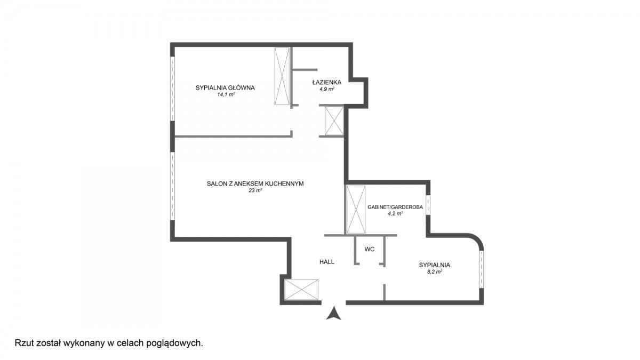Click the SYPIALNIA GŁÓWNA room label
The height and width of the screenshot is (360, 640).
pyautogui.click(x=225, y=87)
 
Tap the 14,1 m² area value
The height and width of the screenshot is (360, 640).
pyautogui.click(x=226, y=94)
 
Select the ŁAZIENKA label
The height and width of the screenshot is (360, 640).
pyautogui.click(x=327, y=82)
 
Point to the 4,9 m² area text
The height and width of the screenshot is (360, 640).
pyautogui.click(x=327, y=89)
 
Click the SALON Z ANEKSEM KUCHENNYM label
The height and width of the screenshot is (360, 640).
pyautogui.click(x=255, y=183)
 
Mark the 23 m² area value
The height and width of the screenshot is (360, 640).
pyautogui.click(x=255, y=190)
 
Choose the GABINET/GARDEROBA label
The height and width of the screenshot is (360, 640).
pyautogui.click(x=395, y=207)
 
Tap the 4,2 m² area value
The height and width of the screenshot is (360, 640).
pyautogui.click(x=395, y=213)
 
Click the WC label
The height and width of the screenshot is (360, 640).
pyautogui.click(x=370, y=250)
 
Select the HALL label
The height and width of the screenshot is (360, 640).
pyautogui.click(x=327, y=262)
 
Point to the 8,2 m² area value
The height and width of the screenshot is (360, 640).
pyautogui.click(x=435, y=272)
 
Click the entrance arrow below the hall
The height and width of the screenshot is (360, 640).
pyautogui.click(x=334, y=313)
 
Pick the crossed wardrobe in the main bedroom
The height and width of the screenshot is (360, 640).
pyautogui.click(x=282, y=76)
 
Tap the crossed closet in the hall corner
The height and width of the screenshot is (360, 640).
pyautogui.click(x=301, y=290)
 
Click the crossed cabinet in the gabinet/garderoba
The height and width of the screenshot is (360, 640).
pyautogui.click(x=356, y=210)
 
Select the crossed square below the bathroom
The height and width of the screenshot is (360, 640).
pyautogui.click(x=334, y=121)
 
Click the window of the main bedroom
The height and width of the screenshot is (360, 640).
pyautogui.click(x=173, y=89)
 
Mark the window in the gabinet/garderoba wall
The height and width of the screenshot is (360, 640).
pyautogui.click(x=428, y=205)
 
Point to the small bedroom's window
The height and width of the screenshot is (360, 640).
pyautogui.click(x=482, y=269)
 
